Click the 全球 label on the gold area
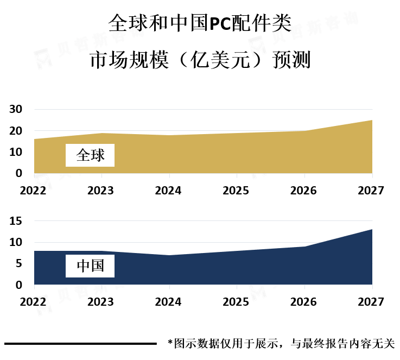pyautogui.click(x=90, y=155)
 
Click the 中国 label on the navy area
pyautogui.click(x=90, y=266)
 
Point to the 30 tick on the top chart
pyautogui.click(x=16, y=110)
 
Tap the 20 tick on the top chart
pyautogui.click(x=16, y=131)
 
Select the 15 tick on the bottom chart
pyautogui.click(x=16, y=221)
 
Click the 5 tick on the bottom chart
pyautogui.click(x=18, y=264)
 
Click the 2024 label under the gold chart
pyautogui.click(x=169, y=191)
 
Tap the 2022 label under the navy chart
pyautogui.click(x=34, y=302)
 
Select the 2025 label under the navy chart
pyautogui.click(x=237, y=302)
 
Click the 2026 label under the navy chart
pyautogui.click(x=304, y=302)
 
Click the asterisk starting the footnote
pyautogui.click(x=170, y=343)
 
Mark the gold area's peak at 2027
pyautogui.click(x=371, y=121)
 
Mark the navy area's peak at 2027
pyautogui.click(x=371, y=230)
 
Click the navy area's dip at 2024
pyautogui.click(x=169, y=256)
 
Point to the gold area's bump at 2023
pyautogui.click(x=102, y=134)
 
